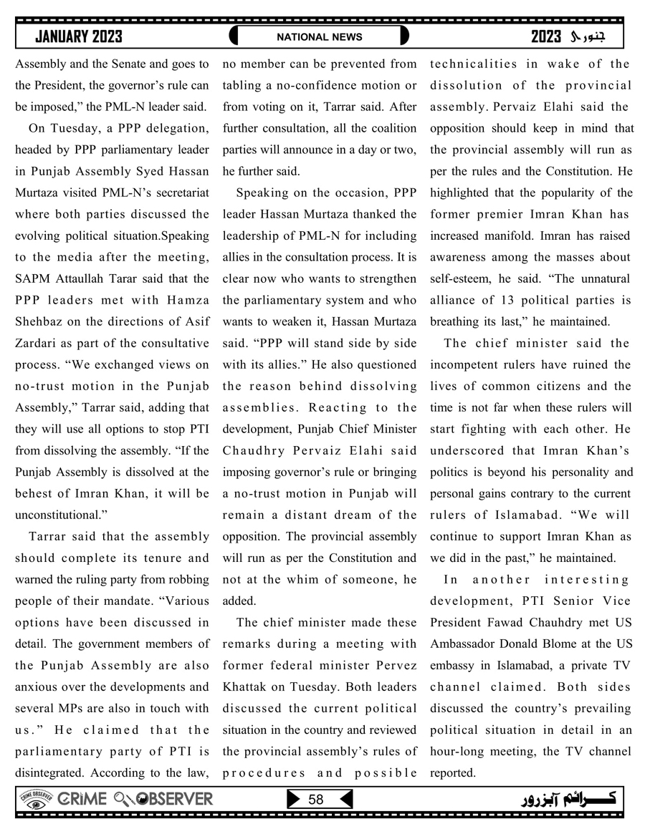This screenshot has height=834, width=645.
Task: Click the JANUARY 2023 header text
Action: pyautogui.click(x=78, y=37)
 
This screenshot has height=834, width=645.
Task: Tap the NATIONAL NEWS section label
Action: pyautogui.click(x=320, y=37)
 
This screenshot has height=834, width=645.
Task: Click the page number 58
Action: pyautogui.click(x=316, y=799)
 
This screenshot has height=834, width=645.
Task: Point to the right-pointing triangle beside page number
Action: pyautogui.click(x=292, y=799)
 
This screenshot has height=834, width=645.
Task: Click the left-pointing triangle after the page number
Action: pyautogui.click(x=345, y=799)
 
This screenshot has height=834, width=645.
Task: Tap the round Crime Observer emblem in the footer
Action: pyautogui.click(x=36, y=799)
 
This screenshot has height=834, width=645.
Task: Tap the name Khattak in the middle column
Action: pyautogui.click(x=246, y=687)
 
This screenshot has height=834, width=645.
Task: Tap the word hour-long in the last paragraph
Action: pyautogui.click(x=456, y=751)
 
